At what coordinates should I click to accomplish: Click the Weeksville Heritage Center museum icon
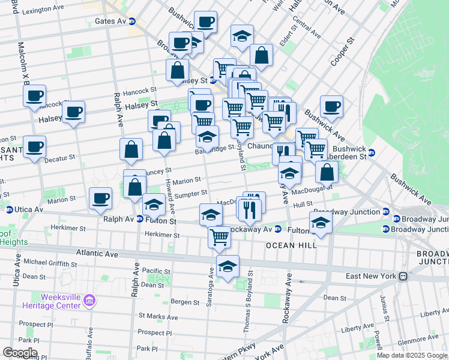coord(89,299)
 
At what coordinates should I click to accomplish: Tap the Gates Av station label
coord(110,21)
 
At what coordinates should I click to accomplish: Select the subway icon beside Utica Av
coord(10,210)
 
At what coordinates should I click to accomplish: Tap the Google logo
coord(20,352)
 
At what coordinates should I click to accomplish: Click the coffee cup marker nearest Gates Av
coord(205,23)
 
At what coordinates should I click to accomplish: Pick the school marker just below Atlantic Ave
coord(228,267)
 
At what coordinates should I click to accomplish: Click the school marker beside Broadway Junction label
coord(321,223)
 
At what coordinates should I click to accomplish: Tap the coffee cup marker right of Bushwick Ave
coord(331,107)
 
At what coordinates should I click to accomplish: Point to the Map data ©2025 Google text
coord(412,355)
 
